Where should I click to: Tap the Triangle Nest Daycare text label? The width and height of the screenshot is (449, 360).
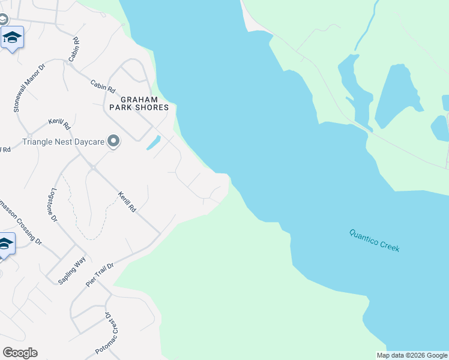point(63,142)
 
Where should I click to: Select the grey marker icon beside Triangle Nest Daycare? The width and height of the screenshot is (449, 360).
point(113,142)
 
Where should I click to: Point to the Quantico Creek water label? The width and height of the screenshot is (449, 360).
point(375,240)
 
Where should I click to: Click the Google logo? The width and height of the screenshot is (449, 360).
point(20,353)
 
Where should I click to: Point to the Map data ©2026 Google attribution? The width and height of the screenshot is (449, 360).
point(411,355)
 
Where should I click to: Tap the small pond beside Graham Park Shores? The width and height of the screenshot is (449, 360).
point(153,143)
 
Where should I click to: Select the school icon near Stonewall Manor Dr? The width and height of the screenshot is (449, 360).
point(12,37)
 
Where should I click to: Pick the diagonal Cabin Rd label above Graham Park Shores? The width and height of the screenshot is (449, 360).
point(103,87)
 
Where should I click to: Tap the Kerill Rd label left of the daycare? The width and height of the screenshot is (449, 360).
point(59,126)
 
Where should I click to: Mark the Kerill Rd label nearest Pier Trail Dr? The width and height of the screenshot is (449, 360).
point(127,202)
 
